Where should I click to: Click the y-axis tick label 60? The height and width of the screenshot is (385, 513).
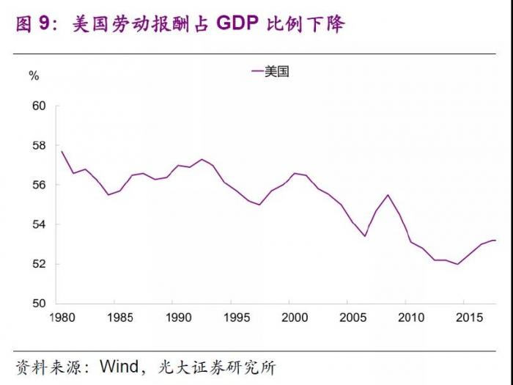pyautogui.click(x=39, y=106)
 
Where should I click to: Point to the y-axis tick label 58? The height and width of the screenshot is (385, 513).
pyautogui.click(x=39, y=145)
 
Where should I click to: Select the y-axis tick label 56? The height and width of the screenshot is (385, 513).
pyautogui.click(x=39, y=185)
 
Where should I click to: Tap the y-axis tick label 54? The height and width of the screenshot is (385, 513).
pyautogui.click(x=39, y=224)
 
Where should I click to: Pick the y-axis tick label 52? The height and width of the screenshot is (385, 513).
pyautogui.click(x=39, y=264)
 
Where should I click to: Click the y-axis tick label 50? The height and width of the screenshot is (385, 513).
pyautogui.click(x=39, y=304)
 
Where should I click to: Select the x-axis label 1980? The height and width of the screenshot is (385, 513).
pyautogui.click(x=62, y=318)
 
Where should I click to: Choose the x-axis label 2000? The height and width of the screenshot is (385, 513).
pyautogui.click(x=295, y=318)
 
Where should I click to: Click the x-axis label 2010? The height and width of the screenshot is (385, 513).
pyautogui.click(x=410, y=318)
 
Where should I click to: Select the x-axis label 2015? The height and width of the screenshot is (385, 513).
pyautogui.click(x=468, y=318)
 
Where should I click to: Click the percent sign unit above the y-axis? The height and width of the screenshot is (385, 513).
pyautogui.click(x=34, y=76)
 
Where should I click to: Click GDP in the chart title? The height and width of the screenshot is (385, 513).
pyautogui.click(x=239, y=24)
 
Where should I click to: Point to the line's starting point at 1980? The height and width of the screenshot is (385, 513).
pyautogui.click(x=62, y=151)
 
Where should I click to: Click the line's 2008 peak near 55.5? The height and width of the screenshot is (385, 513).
pyautogui.click(x=387, y=195)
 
